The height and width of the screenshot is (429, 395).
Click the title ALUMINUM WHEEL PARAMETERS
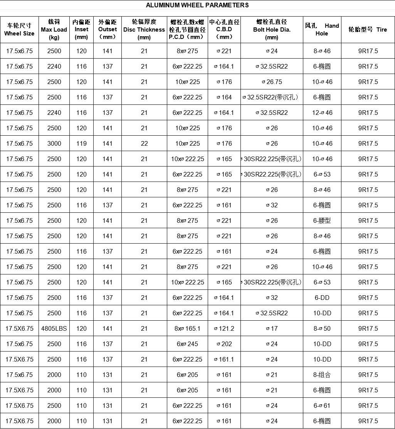point(197,5)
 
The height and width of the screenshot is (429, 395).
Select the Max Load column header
point(54,29)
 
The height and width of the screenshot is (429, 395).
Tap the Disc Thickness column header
point(144,29)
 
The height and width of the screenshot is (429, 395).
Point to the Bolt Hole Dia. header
point(272,29)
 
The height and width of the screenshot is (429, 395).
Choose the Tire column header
point(368,29)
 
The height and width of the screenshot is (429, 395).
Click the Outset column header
point(108,29)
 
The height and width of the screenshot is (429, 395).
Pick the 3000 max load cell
point(54,143)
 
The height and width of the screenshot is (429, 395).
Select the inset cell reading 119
point(81,143)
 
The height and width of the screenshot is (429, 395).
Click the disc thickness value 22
point(144,143)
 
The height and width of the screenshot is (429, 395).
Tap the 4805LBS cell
point(54,328)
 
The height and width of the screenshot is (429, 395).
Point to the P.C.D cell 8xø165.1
point(187,328)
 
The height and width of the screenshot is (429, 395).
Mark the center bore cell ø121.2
point(224,328)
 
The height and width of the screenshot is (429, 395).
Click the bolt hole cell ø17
point(272,328)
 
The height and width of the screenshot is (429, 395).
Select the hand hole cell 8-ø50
point(322,328)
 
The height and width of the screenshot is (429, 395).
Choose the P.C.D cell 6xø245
point(187,344)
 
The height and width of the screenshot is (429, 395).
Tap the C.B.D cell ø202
point(224,344)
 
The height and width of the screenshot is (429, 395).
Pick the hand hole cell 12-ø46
point(322,113)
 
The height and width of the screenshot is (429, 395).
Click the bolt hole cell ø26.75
point(272,82)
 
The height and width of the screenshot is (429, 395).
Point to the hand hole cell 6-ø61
point(322,405)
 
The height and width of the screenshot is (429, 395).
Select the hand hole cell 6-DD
point(322,298)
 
